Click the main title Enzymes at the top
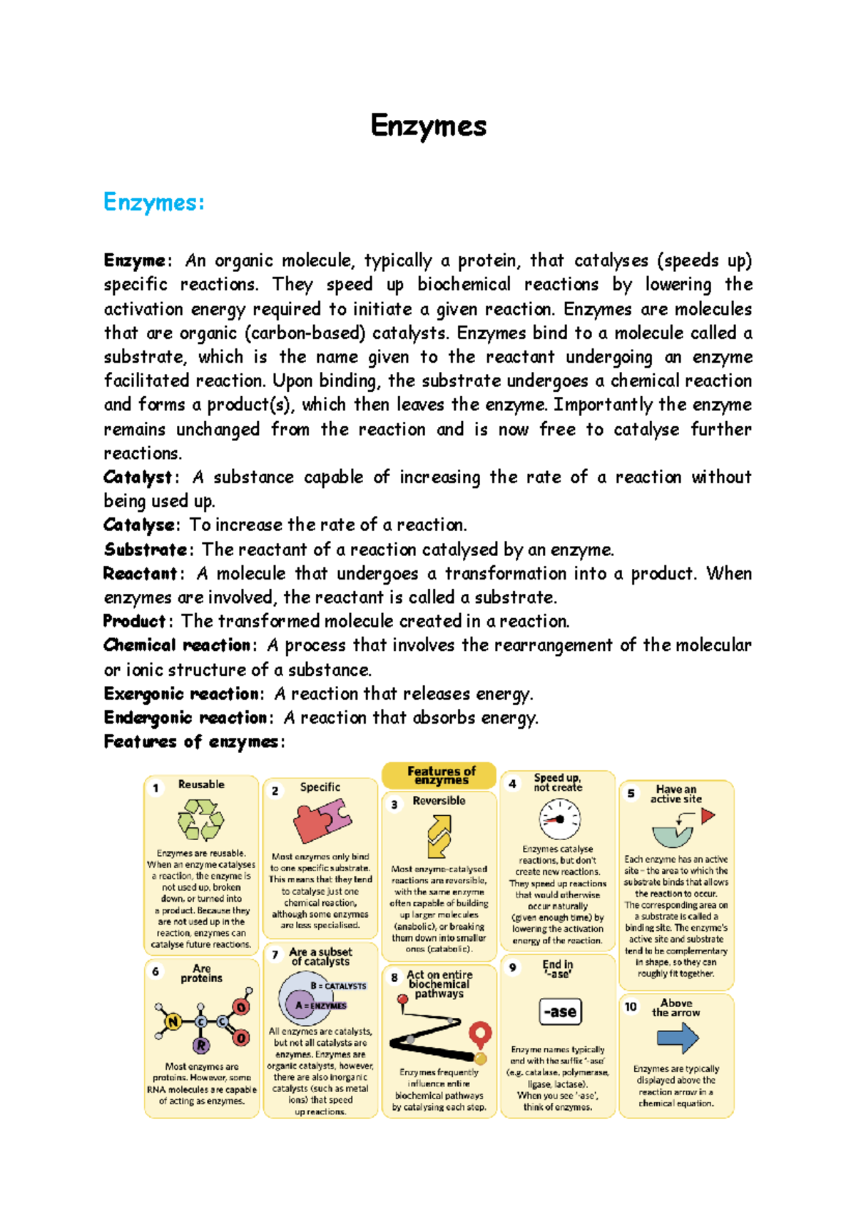[428, 126]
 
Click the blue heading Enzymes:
[153, 202]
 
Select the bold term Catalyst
[137, 477]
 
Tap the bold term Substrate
[145, 550]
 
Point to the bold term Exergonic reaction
[183, 694]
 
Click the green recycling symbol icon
[200, 819]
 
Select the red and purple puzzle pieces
[322, 820]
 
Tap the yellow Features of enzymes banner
[439, 775]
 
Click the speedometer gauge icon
[559, 819]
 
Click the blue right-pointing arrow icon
[678, 1038]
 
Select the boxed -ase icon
[560, 1011]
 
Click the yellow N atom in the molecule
[172, 1022]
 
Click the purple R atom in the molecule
[202, 1046]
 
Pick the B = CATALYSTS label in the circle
[338, 986]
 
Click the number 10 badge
[631, 1006]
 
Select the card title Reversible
[439, 801]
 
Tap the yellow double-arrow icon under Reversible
[439, 836]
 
